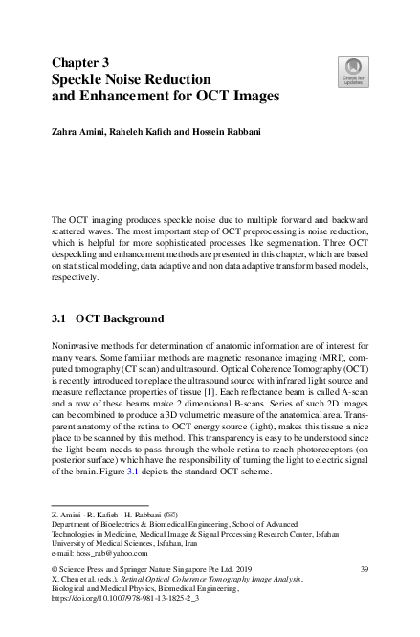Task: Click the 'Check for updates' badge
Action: pos(351,70)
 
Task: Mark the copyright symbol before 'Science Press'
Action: pos(54,570)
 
